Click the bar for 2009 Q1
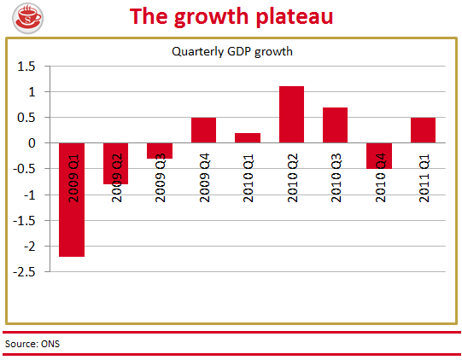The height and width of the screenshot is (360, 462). tap(72, 200)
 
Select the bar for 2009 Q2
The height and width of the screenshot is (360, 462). tap(115, 164)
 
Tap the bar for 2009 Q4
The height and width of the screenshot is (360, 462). tap(203, 131)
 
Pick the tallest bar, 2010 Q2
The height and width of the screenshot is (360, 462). tap(292, 114)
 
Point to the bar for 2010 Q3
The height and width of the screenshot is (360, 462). tap(336, 125)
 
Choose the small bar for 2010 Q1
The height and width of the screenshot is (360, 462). tap(248, 138)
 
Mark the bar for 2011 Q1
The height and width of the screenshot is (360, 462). tap(423, 131)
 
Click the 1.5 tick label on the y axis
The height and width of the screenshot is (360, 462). tap(26, 67)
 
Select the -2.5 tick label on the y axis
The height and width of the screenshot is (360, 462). tap(24, 272)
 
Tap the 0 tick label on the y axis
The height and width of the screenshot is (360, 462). tap(32, 143)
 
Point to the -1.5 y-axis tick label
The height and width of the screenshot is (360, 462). tap(24, 221)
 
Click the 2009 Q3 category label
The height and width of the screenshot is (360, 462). tap(160, 177)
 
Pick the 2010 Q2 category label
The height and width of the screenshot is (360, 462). tap(293, 177)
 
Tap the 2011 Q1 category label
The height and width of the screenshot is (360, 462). tap(424, 177)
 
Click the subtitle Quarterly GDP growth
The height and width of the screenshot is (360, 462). tap(232, 51)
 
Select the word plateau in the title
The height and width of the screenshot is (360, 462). tap(295, 17)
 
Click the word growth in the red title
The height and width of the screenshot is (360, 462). tap(212, 18)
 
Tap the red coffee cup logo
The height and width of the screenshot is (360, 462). tap(28, 18)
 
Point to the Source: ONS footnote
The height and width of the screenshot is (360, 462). tap(32, 344)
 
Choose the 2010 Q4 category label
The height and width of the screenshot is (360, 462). tap(380, 177)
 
